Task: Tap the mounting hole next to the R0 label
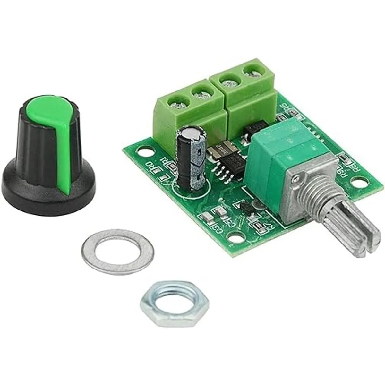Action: [x=143, y=150]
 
